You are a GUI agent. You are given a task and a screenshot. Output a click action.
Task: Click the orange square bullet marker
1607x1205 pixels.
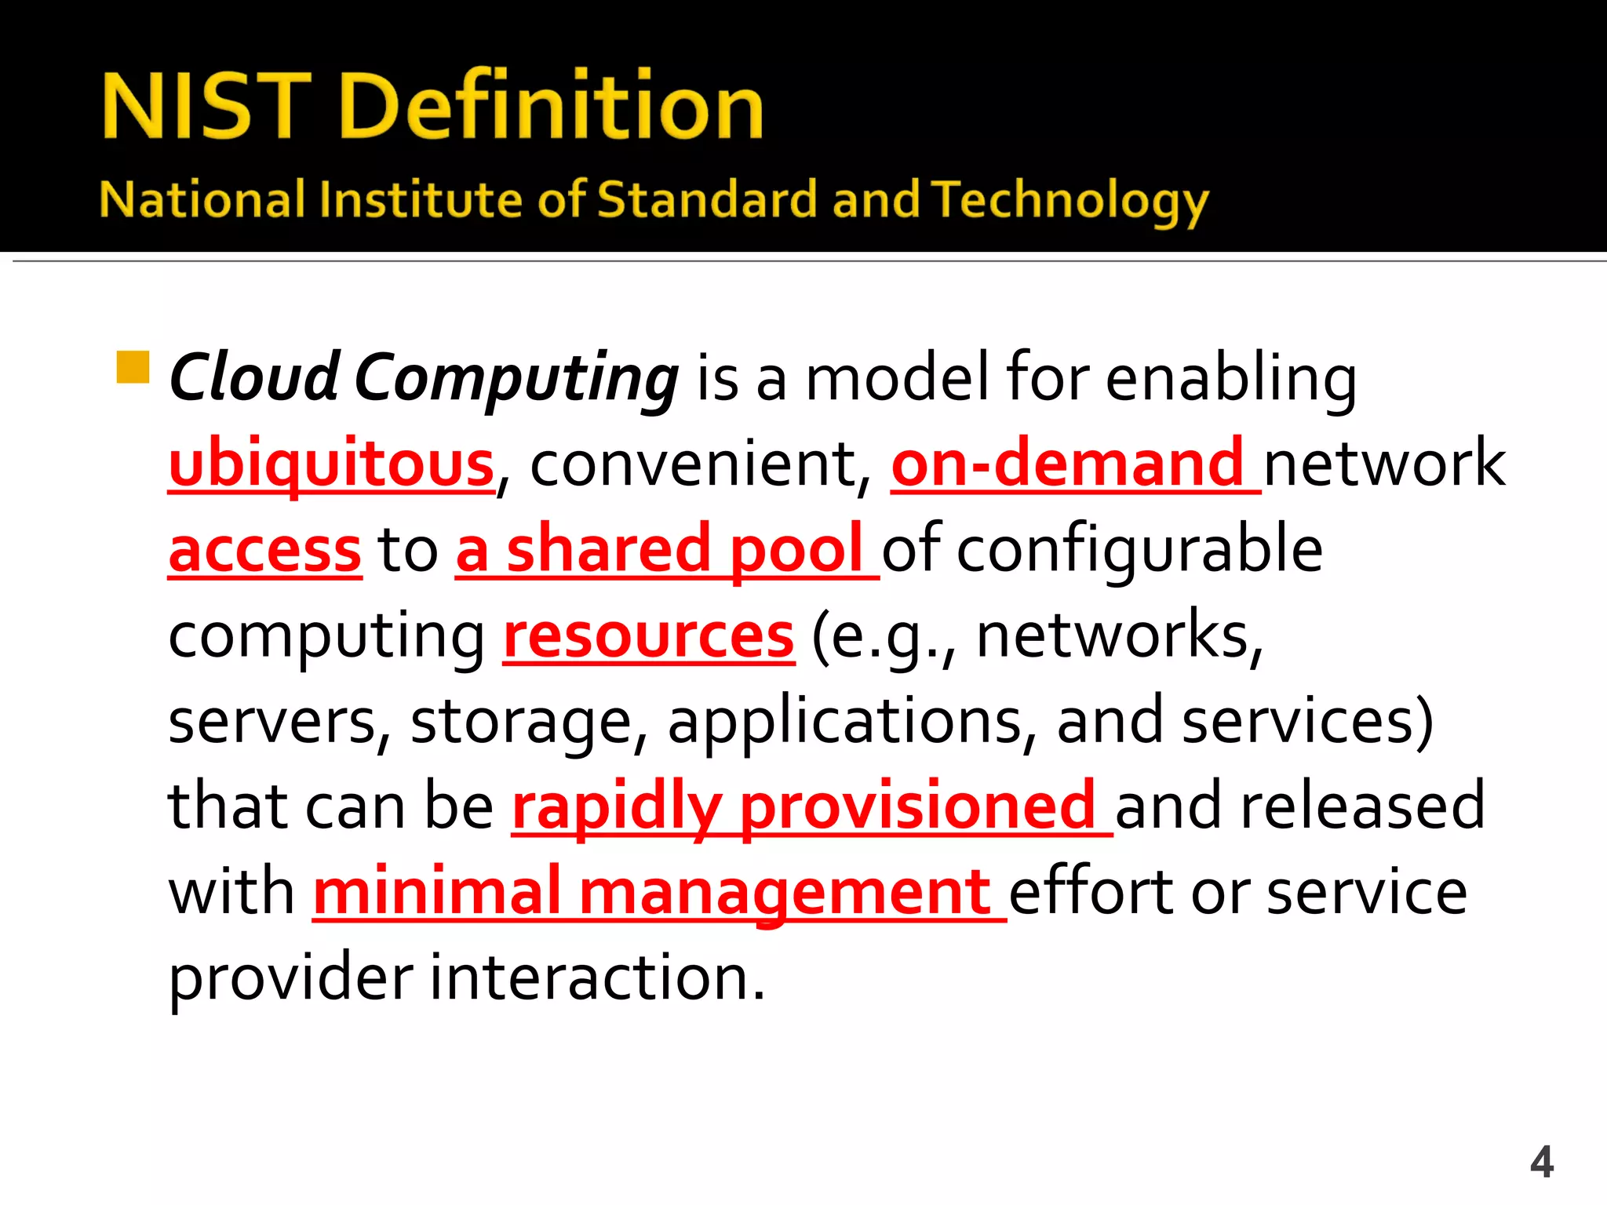(133, 367)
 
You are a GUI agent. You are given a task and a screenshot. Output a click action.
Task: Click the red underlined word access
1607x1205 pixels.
(265, 550)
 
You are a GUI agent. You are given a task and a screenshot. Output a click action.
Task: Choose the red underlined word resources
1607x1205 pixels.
(649, 635)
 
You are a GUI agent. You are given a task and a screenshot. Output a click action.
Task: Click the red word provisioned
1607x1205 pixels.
(916, 806)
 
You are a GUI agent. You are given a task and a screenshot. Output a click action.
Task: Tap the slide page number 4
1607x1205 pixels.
(1541, 1162)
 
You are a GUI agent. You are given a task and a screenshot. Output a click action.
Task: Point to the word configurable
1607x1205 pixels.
(1139, 550)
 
